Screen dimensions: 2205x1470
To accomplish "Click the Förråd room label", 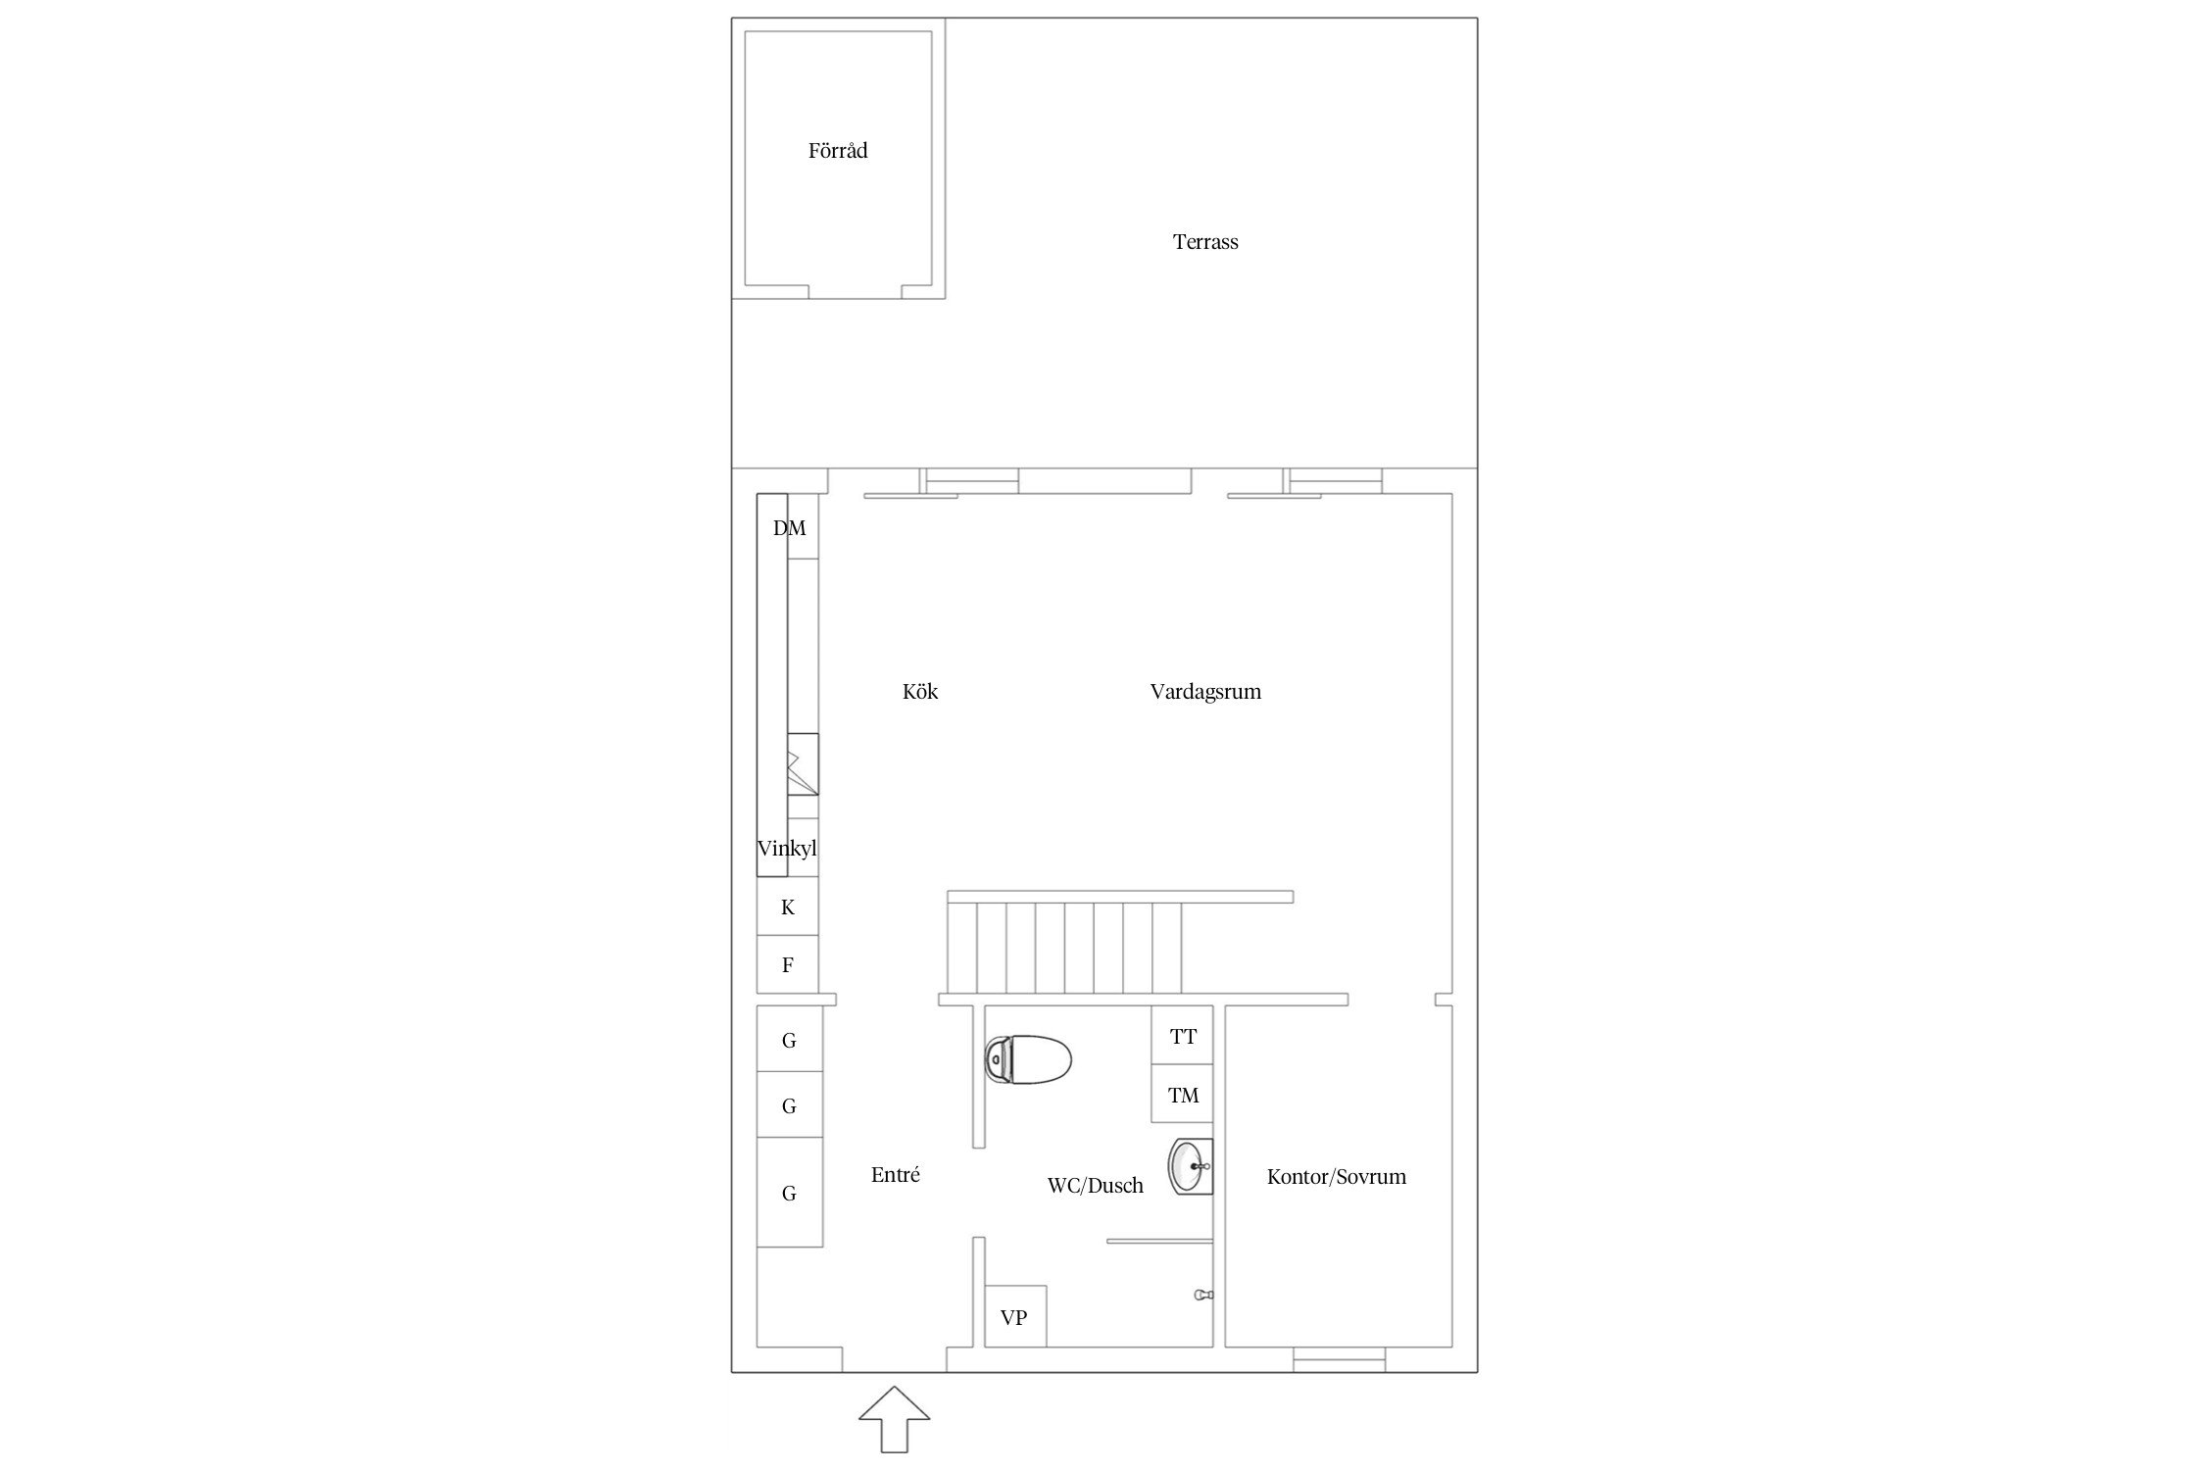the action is pos(838,151).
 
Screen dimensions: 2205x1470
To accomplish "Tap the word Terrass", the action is pos(1205,242).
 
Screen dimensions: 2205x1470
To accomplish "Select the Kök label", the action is pos(920,692).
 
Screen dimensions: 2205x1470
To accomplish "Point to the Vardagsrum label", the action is pos(1205,692).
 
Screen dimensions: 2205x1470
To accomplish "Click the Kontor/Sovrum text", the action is pos(1337,1177).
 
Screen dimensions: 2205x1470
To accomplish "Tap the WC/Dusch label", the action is pos(1096,1186).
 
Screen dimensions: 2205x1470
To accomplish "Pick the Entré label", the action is pos(896,1175).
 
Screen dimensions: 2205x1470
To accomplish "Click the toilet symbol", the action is pos(1028,1060).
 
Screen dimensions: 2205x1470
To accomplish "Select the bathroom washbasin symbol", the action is pos(1191,1167).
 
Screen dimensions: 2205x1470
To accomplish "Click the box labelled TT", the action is pos(1182,1035).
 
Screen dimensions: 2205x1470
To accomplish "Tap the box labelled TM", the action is pos(1182,1094).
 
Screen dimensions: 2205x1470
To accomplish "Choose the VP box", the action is pos(1015,1316).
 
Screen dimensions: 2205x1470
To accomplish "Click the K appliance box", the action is pos(788,906).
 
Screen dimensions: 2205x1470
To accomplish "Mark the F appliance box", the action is pos(788,965).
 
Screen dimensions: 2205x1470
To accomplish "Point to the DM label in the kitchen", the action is pos(790,528).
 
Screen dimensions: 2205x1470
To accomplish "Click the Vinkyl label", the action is pos(787,849).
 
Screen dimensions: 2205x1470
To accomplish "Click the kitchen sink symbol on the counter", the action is pos(804,763).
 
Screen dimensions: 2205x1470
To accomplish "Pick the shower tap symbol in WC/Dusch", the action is pos(1204,1296).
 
